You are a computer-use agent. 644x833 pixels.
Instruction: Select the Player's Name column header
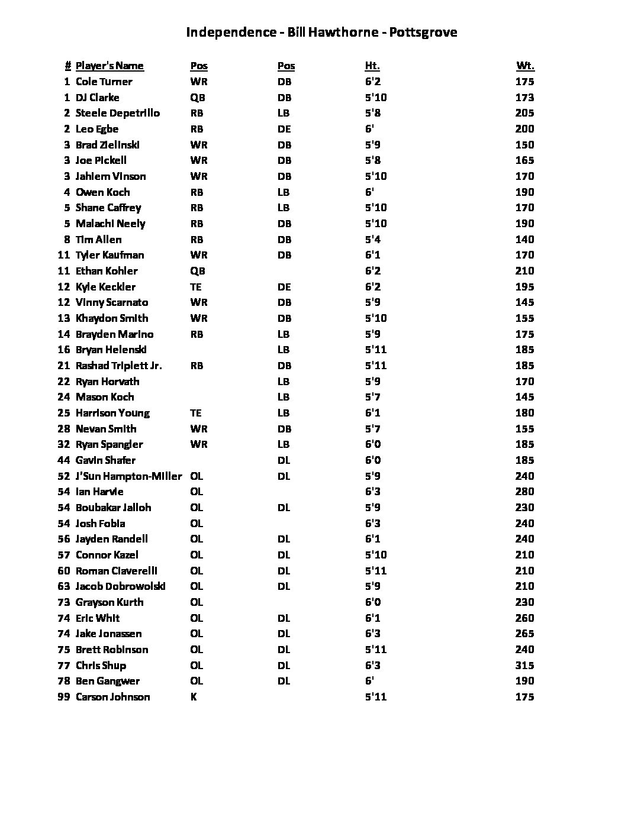tap(110, 66)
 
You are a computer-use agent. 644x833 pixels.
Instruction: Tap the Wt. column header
tap(525, 66)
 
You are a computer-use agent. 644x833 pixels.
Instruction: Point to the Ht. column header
tap(372, 66)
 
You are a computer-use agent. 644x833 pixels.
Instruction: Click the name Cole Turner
tap(104, 82)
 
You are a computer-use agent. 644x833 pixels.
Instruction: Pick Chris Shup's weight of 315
tap(524, 666)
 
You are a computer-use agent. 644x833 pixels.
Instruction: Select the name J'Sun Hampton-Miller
tap(128, 476)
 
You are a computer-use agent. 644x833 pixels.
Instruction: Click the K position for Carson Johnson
tap(194, 697)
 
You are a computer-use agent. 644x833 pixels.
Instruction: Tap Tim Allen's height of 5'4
tap(373, 240)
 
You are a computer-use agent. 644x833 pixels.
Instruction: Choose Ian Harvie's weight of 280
tap(524, 492)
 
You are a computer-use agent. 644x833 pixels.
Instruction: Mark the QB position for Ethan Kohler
tap(198, 271)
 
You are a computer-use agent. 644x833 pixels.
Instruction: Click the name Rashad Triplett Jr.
tap(118, 366)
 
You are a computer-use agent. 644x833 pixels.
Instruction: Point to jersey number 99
tap(64, 697)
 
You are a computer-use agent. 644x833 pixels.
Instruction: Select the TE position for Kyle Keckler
tap(196, 287)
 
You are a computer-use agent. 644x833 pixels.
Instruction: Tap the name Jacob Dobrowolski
tap(120, 586)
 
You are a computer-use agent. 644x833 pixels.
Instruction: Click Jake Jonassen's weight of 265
tap(524, 634)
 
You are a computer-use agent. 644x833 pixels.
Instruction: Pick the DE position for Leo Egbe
tap(284, 129)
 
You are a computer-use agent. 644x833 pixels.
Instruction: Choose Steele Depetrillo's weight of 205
tap(524, 113)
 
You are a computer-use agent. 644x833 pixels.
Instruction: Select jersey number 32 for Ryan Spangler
tap(64, 444)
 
